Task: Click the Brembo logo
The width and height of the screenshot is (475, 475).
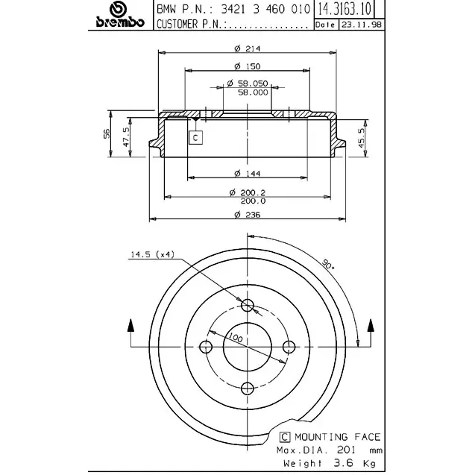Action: click(x=120, y=15)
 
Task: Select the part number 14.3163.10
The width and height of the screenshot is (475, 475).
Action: click(x=345, y=9)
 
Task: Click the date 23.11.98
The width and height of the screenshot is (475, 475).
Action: click(x=362, y=25)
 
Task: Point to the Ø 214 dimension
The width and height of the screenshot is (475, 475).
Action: click(x=248, y=48)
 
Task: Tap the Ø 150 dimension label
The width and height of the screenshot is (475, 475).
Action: click(x=248, y=66)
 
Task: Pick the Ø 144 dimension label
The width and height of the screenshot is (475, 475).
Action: click(x=248, y=173)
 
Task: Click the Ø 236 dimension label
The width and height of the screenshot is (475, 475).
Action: click(x=248, y=215)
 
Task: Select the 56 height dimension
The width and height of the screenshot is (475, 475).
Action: click(x=107, y=133)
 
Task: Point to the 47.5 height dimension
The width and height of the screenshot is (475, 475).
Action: click(x=126, y=137)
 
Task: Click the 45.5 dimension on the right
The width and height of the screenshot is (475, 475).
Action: click(x=362, y=138)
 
